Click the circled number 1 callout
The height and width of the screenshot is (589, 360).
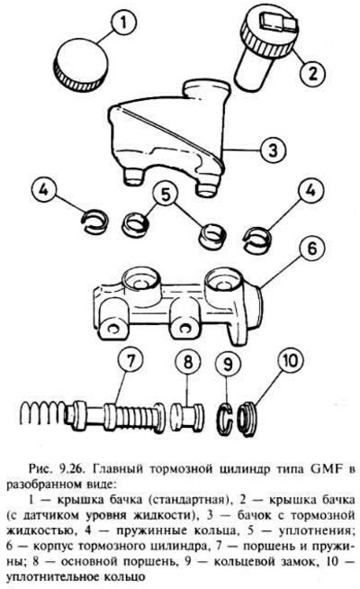click(124, 23)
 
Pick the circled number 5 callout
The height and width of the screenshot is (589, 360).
click(166, 195)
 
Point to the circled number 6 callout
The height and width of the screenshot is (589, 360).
click(312, 249)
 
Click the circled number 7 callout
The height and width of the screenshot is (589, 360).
click(130, 361)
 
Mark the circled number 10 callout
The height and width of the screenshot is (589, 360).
click(291, 360)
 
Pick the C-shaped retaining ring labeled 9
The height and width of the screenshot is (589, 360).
click(225, 418)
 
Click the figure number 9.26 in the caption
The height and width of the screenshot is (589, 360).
click(69, 469)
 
